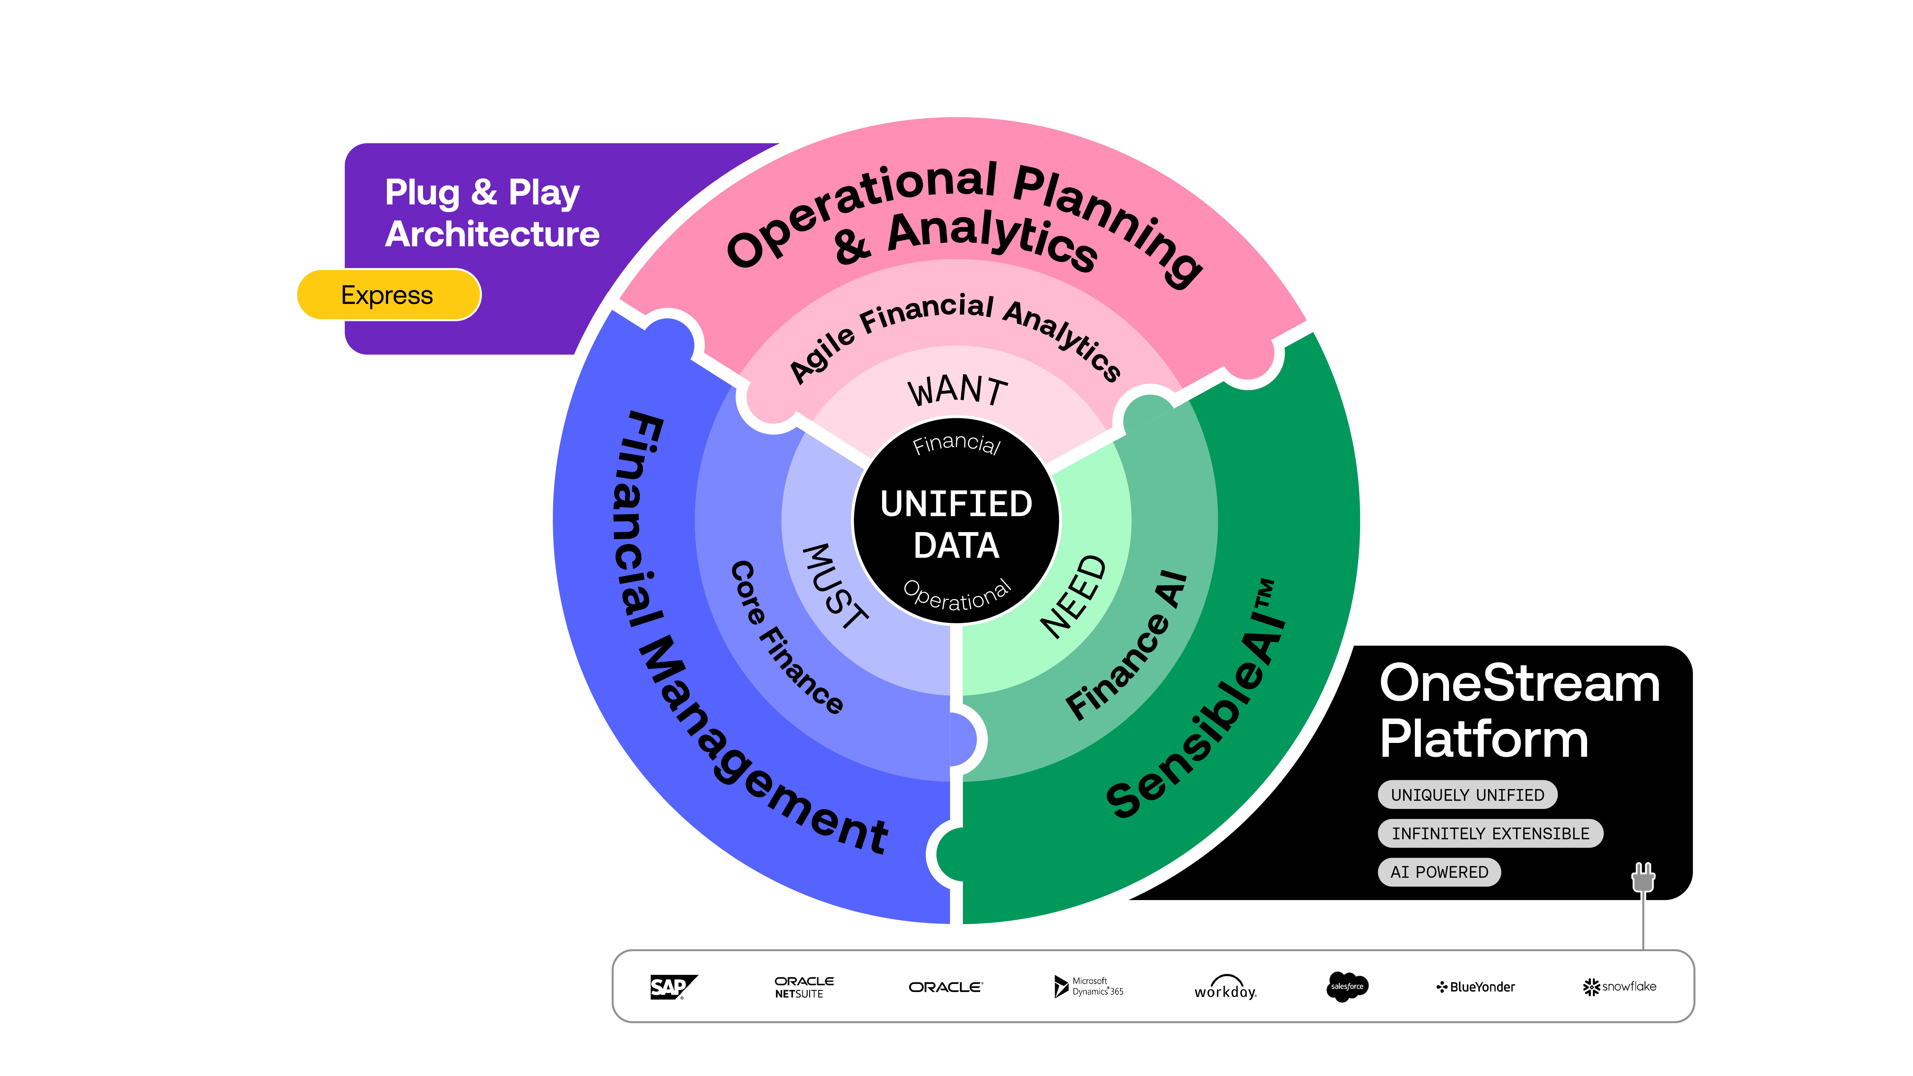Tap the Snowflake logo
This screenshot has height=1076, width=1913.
click(x=1619, y=986)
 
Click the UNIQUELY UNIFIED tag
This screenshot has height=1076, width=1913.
click(x=1467, y=795)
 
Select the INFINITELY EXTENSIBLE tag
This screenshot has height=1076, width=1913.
click(x=1490, y=833)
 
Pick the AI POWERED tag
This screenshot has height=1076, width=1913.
click(x=1439, y=872)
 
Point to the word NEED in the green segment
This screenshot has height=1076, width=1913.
click(x=1074, y=596)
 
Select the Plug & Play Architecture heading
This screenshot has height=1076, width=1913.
click(x=492, y=213)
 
